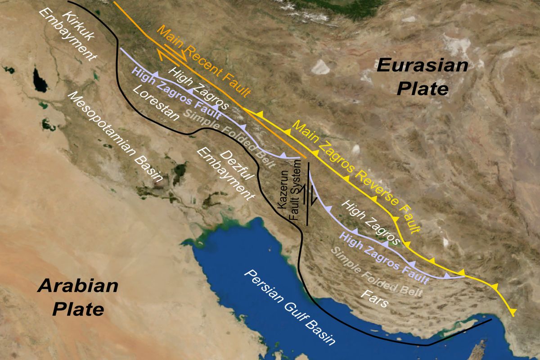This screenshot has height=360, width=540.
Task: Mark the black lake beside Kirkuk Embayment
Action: [39, 81]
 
